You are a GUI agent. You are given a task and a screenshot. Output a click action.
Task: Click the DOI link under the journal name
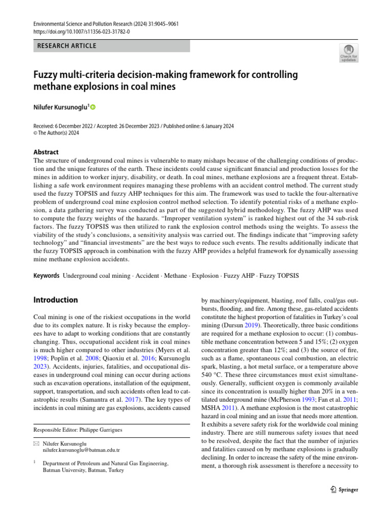pyautogui.click(x=82, y=32)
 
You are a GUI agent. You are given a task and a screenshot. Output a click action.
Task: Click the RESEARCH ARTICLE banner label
pyautogui.click(x=67, y=46)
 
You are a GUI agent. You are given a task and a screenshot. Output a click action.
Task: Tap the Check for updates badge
pyautogui.click(x=349, y=54)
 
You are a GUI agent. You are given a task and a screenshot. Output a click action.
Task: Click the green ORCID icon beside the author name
pyautogui.click(x=93, y=107)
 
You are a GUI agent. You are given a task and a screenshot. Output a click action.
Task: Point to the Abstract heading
pyautogui.click(x=45, y=152)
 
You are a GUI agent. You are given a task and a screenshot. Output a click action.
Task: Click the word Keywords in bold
pyautogui.click(x=46, y=275)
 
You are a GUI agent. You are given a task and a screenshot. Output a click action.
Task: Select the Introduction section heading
pyautogui.click(x=55, y=300)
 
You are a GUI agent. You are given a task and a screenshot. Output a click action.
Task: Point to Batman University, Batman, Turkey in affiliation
pyautogui.click(x=83, y=471)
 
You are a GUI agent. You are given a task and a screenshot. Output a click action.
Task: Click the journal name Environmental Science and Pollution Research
pyautogui.click(x=82, y=24)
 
